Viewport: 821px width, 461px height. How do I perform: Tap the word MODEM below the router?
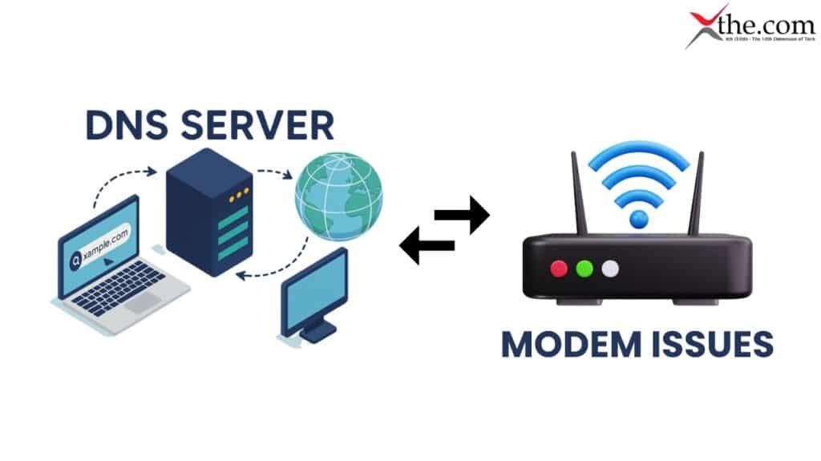click(x=573, y=343)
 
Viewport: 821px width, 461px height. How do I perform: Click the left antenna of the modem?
click(x=577, y=192)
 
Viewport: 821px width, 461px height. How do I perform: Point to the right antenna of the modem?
click(x=698, y=192)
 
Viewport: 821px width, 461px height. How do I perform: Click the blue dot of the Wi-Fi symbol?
click(x=638, y=218)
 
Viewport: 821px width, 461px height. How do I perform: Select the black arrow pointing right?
click(x=463, y=215)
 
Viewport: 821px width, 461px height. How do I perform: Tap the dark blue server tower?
click(x=209, y=212)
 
